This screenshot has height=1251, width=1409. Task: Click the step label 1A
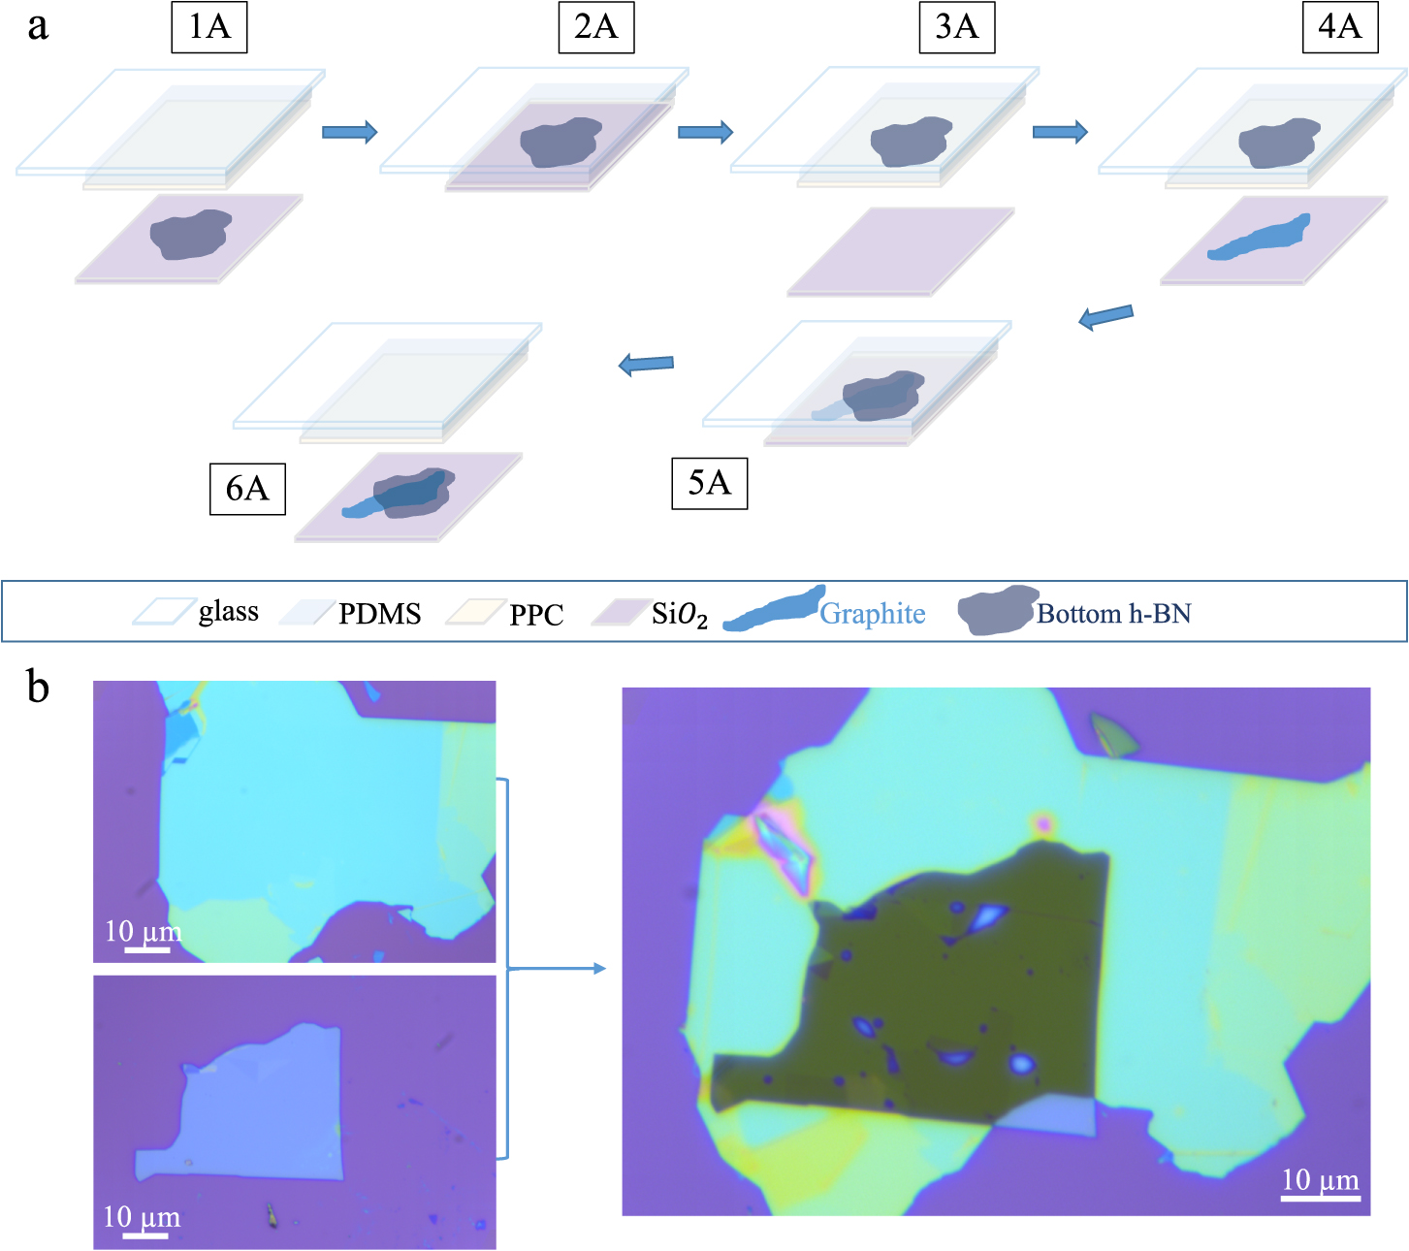click(x=209, y=26)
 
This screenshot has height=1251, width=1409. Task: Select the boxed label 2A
click(x=595, y=26)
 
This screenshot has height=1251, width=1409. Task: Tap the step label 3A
click(x=956, y=26)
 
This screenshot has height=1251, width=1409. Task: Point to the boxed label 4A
click(x=1339, y=26)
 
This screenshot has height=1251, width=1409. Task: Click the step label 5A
click(x=709, y=482)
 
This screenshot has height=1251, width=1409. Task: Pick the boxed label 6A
click(x=247, y=488)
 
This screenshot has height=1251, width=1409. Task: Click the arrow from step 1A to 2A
click(x=349, y=132)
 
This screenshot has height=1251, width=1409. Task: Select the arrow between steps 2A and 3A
click(x=705, y=132)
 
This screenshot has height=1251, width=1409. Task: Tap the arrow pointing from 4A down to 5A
click(x=1105, y=316)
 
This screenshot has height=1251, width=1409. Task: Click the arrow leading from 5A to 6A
click(x=646, y=365)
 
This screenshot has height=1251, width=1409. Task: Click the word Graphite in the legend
click(x=873, y=614)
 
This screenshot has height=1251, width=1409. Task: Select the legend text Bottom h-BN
click(x=1113, y=614)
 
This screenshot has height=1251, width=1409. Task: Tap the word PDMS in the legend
click(x=379, y=614)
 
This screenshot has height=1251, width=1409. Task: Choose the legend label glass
click(x=229, y=611)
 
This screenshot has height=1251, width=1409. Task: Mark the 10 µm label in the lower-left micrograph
click(x=142, y=1217)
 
